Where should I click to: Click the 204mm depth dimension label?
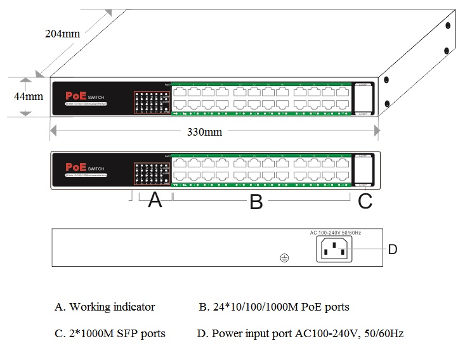[x=62, y=34]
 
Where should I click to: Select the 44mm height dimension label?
[x=29, y=97]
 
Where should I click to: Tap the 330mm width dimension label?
[x=204, y=132]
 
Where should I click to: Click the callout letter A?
[x=155, y=201]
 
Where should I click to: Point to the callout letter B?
[x=256, y=202]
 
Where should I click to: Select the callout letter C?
[x=365, y=202]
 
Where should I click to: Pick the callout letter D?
[x=393, y=250]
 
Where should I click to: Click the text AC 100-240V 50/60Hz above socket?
[x=336, y=233]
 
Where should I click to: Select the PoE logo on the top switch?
[x=77, y=96]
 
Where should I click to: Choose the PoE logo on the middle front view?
[x=77, y=167]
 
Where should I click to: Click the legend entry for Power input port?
[x=300, y=333]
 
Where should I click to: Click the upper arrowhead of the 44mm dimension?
[x=25, y=81]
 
